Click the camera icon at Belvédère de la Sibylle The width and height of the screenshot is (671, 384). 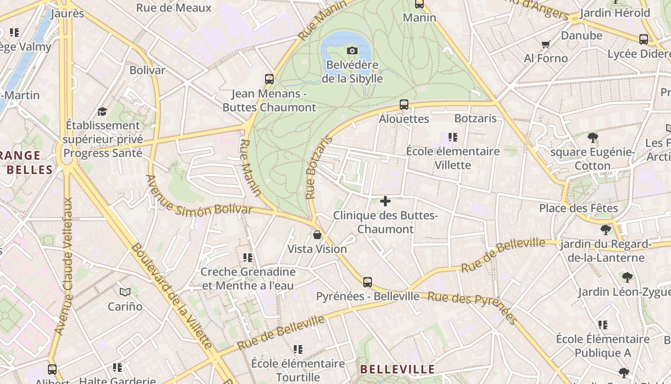click(x=352, y=50)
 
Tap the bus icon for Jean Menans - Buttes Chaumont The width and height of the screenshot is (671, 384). click(x=269, y=79)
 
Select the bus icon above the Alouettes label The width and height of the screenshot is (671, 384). click(x=404, y=104)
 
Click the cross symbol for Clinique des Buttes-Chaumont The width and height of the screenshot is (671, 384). click(x=385, y=201)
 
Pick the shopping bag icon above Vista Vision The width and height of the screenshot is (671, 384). click(x=317, y=235)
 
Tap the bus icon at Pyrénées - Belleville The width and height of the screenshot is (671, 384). click(x=368, y=282)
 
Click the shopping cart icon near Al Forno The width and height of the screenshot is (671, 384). click(x=545, y=45)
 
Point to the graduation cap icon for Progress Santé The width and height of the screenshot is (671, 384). click(x=102, y=111)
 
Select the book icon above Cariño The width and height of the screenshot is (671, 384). click(x=125, y=292)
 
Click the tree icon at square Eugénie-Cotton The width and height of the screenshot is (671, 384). click(x=593, y=138)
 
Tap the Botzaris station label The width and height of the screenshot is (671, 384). click(x=475, y=118)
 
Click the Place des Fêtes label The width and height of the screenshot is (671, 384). click(x=578, y=208)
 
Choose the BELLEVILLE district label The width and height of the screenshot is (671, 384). click(x=397, y=370)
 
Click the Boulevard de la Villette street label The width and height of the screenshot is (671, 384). click(x=171, y=296)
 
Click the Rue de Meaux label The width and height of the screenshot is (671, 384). click(x=174, y=8)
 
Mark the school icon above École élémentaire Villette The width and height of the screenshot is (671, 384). click(x=453, y=138)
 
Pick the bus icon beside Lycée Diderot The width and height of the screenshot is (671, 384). click(x=643, y=39)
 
